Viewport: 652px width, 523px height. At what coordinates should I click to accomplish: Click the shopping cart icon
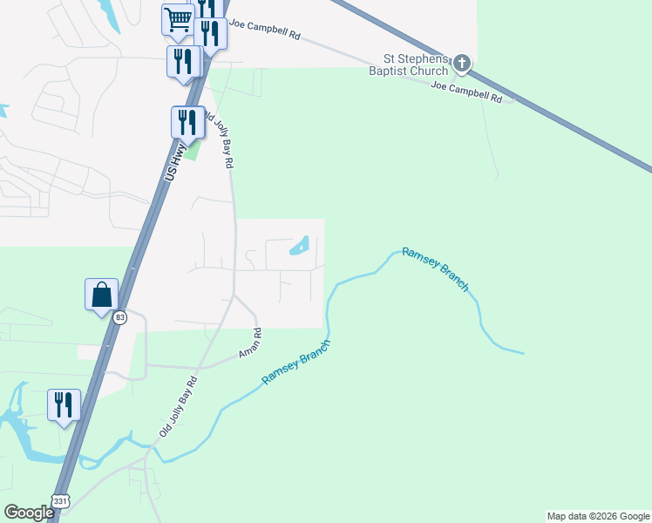(178, 19)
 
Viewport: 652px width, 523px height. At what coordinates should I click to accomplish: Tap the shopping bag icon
(101, 295)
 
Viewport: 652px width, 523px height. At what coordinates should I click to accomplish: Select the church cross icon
(462, 64)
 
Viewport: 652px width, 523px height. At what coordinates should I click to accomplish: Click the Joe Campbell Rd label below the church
(467, 92)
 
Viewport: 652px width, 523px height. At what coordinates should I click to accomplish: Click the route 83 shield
(119, 317)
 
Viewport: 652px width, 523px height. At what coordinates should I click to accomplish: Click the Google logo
(29, 513)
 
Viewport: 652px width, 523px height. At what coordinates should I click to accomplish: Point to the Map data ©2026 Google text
(598, 516)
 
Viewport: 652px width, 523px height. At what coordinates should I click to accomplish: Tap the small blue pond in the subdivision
(299, 247)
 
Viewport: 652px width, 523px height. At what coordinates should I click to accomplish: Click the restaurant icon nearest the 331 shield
(64, 405)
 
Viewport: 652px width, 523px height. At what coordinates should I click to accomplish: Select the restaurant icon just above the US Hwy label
(187, 123)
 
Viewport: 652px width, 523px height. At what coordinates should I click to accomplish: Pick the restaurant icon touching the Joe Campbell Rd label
(210, 34)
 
